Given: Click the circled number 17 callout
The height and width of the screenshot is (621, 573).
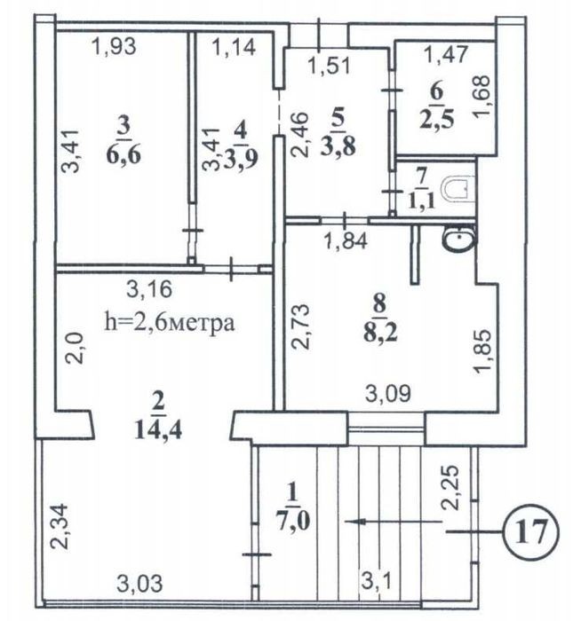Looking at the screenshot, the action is (530, 531).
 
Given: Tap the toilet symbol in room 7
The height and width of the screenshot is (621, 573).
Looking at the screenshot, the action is (458, 189).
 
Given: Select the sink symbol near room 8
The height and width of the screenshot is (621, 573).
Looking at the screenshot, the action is (460, 239).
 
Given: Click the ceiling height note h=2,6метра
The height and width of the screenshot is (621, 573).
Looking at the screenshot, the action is (170, 322).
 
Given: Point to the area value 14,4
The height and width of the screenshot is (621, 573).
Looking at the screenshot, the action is (158, 429).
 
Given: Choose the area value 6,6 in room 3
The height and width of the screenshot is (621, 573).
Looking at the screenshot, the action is (123, 155).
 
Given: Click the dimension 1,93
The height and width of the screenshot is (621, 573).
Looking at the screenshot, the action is (114, 46).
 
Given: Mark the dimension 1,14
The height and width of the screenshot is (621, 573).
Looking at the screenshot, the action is (234, 47).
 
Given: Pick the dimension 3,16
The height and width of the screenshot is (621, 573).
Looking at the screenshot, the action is (149, 289).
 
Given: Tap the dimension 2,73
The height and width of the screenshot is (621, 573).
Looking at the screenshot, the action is (300, 326).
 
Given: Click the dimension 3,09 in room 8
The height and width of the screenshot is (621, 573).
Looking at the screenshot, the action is (388, 393).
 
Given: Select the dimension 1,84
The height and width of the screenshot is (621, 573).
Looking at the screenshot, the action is (346, 240).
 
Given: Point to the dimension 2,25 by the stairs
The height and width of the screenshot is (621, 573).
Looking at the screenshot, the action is (450, 487).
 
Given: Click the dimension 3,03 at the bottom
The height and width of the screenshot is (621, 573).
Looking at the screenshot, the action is (139, 584).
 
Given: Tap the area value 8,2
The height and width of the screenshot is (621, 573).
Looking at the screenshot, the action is (380, 334).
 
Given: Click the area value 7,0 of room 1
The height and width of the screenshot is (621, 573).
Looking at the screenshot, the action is (293, 522).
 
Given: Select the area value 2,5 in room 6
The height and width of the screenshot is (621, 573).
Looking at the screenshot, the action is (436, 119).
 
